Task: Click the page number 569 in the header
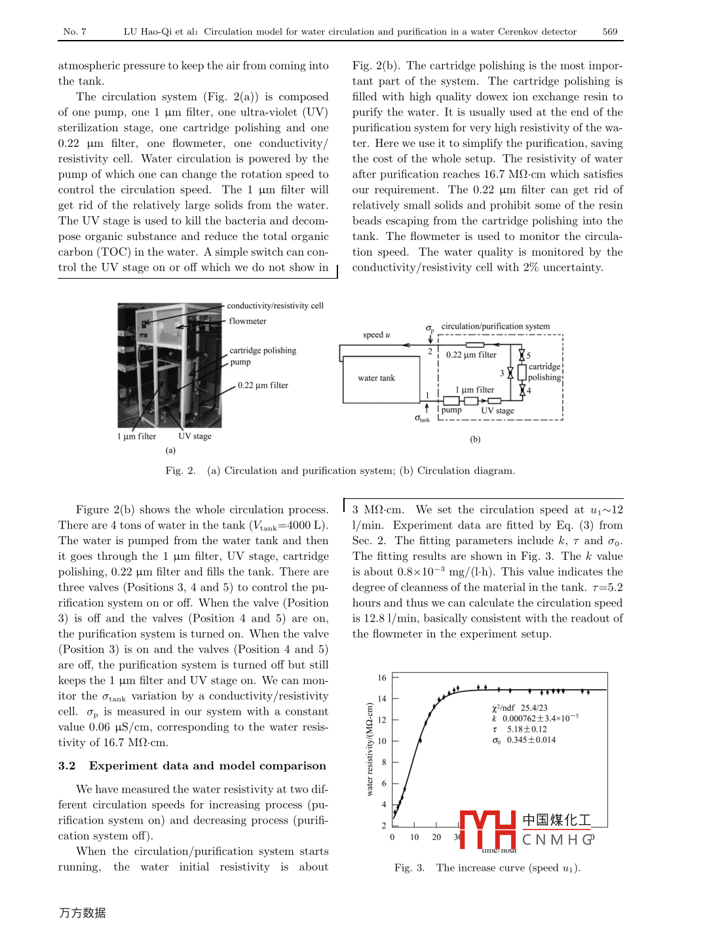[610, 31]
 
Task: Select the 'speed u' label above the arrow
[376, 335]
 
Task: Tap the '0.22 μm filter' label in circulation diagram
[471, 355]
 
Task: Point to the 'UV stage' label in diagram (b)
[497, 411]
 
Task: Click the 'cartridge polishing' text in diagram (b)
[544, 372]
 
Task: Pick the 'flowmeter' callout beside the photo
[248, 321]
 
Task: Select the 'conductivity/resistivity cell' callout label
[275, 306]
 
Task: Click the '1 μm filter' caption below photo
[136, 437]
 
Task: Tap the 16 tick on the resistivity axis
[382, 678]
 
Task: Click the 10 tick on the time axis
[415, 837]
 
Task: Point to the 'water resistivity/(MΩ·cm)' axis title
[370, 749]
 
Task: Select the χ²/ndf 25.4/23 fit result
[520, 708]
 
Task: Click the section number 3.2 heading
[67, 766]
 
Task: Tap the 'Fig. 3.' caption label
[409, 868]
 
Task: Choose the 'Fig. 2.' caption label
[180, 471]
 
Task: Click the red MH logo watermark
[488, 829]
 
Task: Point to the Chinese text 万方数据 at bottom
[82, 913]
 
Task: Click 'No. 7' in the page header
[75, 31]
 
